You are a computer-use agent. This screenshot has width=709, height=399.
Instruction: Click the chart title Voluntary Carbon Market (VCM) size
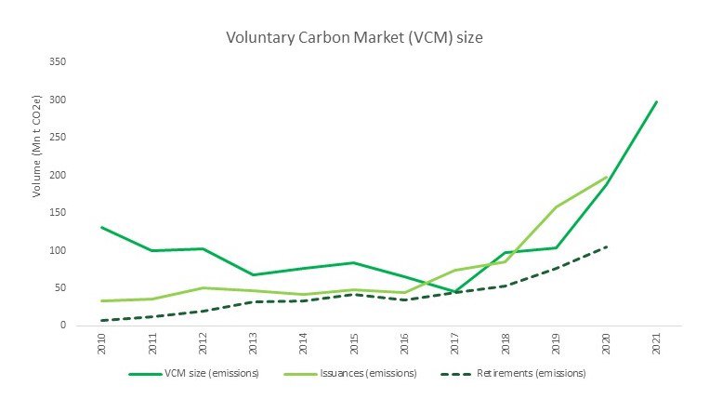354,39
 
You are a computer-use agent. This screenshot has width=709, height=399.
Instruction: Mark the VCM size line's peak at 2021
656,101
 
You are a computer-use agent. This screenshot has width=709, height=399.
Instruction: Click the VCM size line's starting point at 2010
100,227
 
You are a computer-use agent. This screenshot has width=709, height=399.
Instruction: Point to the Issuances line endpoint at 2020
606,177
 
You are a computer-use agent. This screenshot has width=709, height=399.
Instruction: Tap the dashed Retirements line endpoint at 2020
606,246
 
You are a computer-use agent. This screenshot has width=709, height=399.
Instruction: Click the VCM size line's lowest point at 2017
454,291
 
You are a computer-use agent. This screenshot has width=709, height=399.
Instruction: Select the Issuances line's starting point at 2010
100,300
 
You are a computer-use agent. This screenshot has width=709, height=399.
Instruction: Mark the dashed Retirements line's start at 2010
100,320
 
